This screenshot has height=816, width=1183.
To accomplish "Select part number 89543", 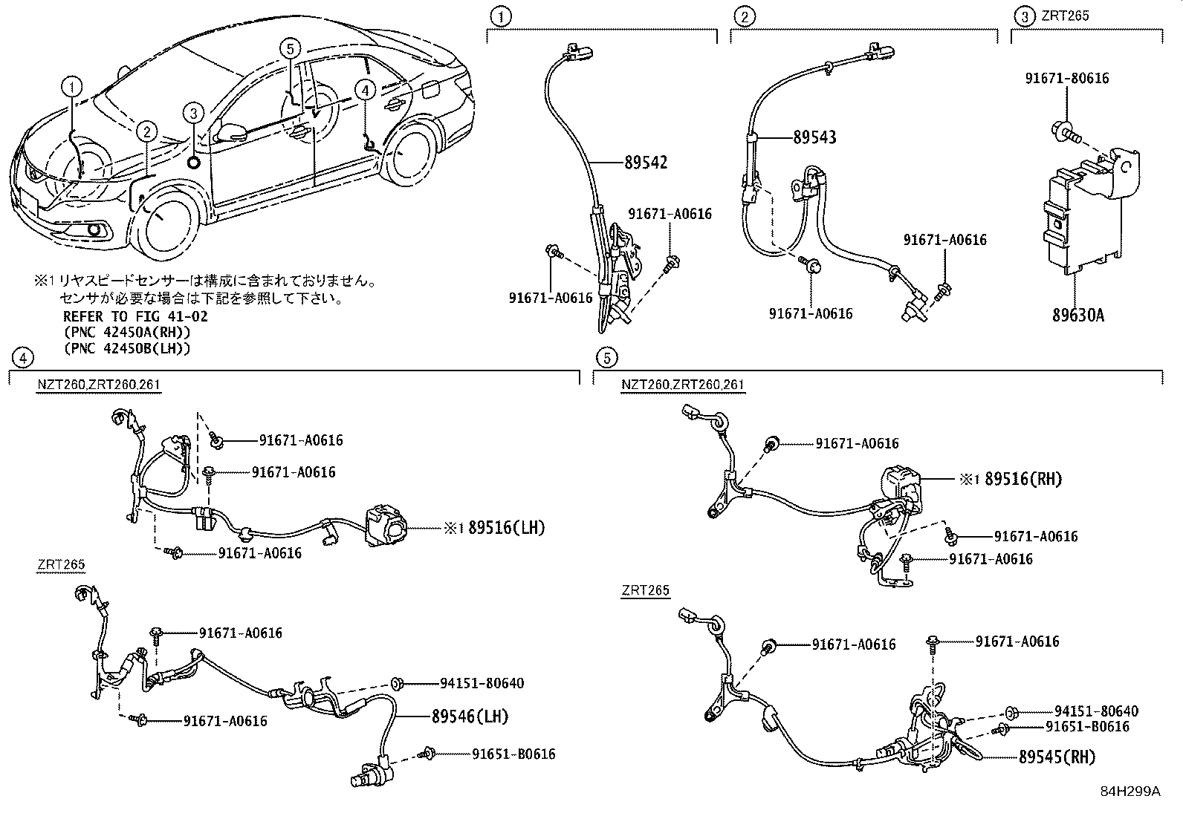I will (814, 137).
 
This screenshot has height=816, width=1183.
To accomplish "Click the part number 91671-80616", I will (1067, 77).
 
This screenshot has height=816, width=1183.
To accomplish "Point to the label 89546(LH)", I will (469, 717).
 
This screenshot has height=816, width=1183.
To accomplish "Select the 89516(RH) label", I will (1023, 479).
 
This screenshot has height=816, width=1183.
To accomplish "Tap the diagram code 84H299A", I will (1130, 791).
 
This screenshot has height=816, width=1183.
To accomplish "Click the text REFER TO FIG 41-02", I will (135, 316).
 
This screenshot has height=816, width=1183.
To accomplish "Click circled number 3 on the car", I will (192, 113).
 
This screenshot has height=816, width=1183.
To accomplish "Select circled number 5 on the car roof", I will (290, 49).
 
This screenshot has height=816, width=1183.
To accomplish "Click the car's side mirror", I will (233, 132).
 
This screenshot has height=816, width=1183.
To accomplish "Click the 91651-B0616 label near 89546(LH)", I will (513, 754).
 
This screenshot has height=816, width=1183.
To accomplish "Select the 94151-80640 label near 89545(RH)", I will (1096, 711).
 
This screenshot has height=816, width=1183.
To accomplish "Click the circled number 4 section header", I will (22, 358).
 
